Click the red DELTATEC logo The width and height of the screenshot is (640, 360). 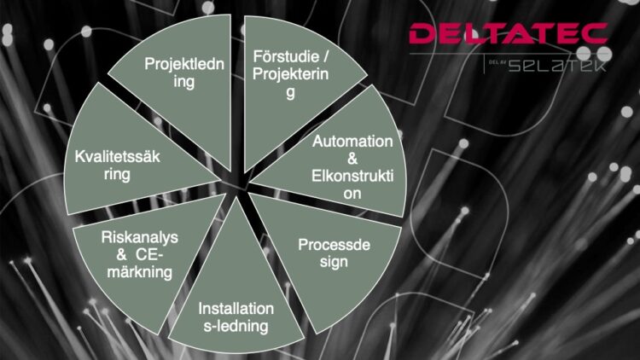[x=509, y=33]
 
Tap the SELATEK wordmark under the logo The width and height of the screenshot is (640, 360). [x=557, y=65]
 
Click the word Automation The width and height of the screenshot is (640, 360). [x=352, y=142]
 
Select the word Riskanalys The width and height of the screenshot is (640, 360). [x=140, y=237]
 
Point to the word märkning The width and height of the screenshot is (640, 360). [x=140, y=272]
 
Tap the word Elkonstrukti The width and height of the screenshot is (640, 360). [x=352, y=176]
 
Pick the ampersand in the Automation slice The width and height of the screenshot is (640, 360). [x=352, y=159]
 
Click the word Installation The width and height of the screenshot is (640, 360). [x=236, y=309]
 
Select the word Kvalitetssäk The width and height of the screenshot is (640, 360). [x=117, y=157]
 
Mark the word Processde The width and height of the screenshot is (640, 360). [x=334, y=245]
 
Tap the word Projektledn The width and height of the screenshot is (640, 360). [x=184, y=64]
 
